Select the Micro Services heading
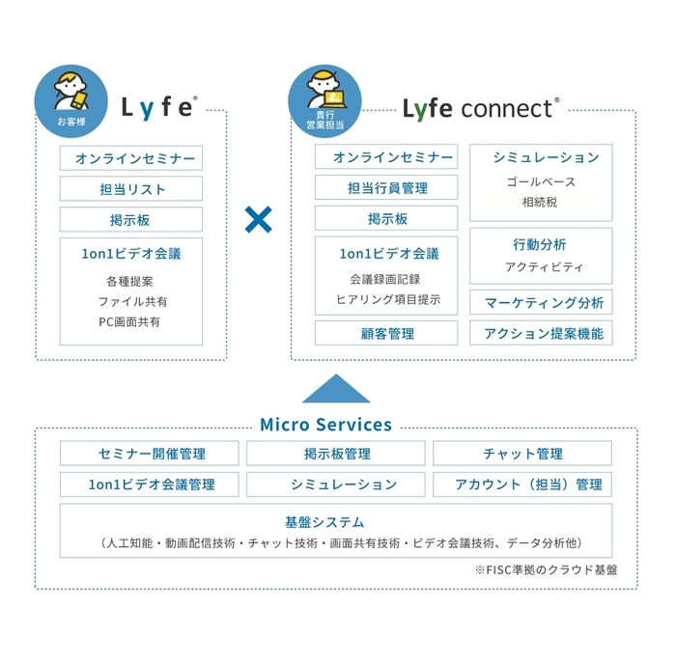[325, 425]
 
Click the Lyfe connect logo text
[480, 107]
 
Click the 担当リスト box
[131, 189]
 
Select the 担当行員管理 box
[386, 189]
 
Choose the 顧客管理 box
[386, 334]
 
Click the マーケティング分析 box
[541, 303]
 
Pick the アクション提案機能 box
[541, 334]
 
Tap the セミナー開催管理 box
[151, 454]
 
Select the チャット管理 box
[521, 454]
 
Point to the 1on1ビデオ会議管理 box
[151, 484]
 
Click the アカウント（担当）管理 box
[521, 484]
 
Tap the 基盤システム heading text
[337, 522]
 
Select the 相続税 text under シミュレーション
[540, 203]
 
